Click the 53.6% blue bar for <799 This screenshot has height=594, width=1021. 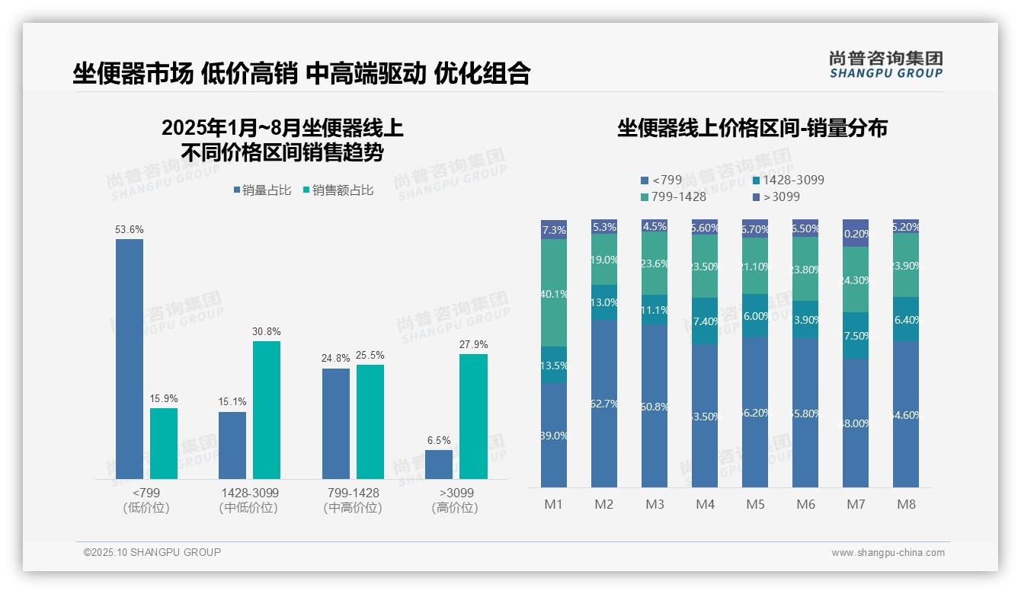click(130, 358)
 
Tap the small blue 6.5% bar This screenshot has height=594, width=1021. click(439, 465)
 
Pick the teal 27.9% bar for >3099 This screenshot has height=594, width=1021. click(473, 416)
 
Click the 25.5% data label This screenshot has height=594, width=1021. click(370, 355)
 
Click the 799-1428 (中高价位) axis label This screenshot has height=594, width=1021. click(351, 500)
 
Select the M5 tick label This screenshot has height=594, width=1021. click(755, 504)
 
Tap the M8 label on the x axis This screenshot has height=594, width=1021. click(906, 504)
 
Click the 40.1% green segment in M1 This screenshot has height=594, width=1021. click(554, 293)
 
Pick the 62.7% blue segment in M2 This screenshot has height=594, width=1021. click(604, 404)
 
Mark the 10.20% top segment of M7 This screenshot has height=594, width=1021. click(856, 233)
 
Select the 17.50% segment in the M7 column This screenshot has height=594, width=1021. click(856, 336)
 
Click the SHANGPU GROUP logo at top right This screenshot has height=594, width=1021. click(885, 64)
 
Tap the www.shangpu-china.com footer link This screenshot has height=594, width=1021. click(888, 553)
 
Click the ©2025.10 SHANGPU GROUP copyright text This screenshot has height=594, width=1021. click(152, 552)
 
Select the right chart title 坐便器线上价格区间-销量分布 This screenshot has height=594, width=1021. click(752, 128)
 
